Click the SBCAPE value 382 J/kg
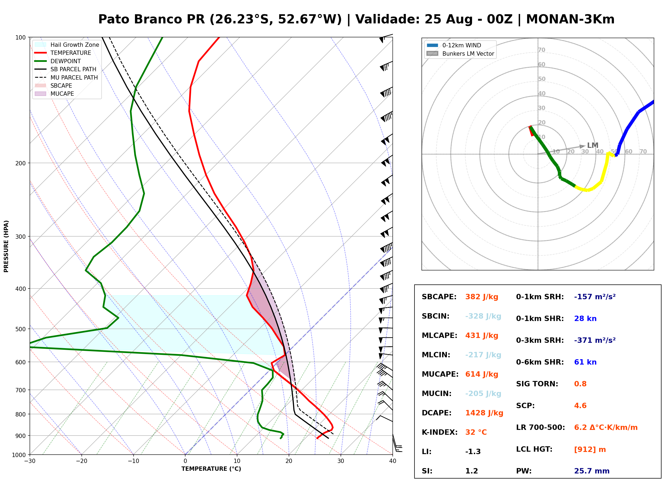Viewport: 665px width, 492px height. pyautogui.click(x=482, y=297)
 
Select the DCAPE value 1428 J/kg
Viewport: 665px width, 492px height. pyautogui.click(x=484, y=413)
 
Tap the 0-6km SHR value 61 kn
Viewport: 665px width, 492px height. pyautogui.click(x=585, y=362)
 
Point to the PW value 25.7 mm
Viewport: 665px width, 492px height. pyautogui.click(x=592, y=471)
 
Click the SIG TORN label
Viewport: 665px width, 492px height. pyautogui.click(x=537, y=384)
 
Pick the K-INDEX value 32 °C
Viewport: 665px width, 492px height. pyautogui.click(x=476, y=432)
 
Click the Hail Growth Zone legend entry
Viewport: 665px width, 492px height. pyautogui.click(x=67, y=45)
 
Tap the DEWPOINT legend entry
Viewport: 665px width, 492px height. pyautogui.click(x=58, y=61)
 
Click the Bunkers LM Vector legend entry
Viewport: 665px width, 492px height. pyautogui.click(x=460, y=54)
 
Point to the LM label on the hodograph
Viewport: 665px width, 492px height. pyautogui.click(x=593, y=145)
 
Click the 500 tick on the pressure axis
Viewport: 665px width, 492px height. pyautogui.click(x=22, y=329)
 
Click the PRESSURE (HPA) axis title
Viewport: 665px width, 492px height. pyautogui.click(x=6, y=246)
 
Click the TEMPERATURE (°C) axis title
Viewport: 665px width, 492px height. pyautogui.click(x=211, y=469)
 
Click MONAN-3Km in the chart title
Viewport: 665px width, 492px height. pyautogui.click(x=570, y=19)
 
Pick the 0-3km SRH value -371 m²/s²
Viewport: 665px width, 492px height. pyautogui.click(x=595, y=340)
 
